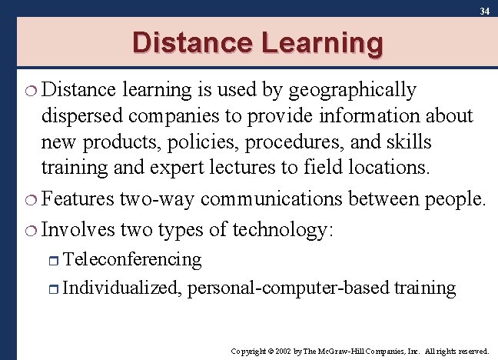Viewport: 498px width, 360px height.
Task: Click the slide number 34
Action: pos(484,11)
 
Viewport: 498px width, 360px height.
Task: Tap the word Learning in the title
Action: pos(322,44)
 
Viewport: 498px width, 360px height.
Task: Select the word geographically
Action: pos(354,91)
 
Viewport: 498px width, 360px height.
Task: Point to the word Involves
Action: pos(78,229)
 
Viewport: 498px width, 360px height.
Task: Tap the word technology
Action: pos(283,230)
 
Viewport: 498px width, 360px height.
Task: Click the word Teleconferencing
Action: pos(132,260)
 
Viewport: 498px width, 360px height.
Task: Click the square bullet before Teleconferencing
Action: pos(55,261)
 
